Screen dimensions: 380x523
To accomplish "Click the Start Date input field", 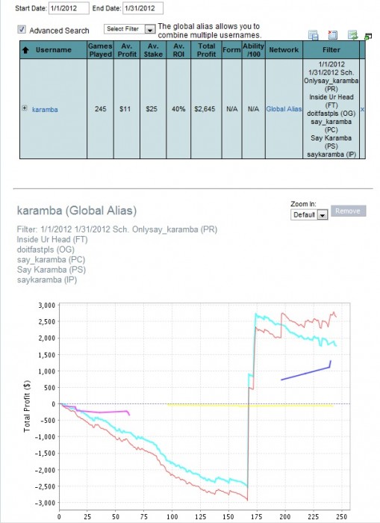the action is tap(69, 8).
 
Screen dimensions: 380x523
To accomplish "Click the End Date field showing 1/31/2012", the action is tap(143, 8).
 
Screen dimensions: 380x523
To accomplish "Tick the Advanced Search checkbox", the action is tap(22, 30).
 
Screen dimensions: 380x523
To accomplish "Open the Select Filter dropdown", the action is tap(130, 29).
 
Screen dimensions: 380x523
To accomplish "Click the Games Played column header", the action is tap(100, 50).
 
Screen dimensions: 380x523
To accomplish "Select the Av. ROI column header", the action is tap(178, 50).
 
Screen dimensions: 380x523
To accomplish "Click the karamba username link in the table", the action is tap(45, 109).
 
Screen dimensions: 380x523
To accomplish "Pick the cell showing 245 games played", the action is tap(100, 109).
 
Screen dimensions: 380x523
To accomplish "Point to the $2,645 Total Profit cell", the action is tap(205, 109).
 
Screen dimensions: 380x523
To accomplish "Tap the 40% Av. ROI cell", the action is tap(178, 109).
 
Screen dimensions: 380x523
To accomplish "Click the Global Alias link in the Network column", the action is tap(284, 109).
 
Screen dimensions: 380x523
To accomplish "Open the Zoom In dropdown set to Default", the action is tap(309, 214).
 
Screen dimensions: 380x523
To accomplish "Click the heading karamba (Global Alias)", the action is tap(77, 211).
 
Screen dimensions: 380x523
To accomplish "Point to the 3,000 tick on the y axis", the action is tap(47, 305).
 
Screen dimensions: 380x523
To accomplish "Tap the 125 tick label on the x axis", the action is tap(200, 516).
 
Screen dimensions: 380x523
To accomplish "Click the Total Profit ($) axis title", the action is tap(27, 406).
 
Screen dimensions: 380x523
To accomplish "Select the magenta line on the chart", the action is tap(100, 412).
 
